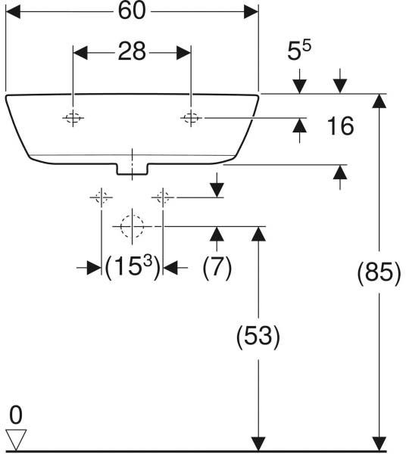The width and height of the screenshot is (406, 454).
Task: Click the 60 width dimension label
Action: click(132, 11)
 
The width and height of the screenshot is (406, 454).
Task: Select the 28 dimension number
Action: click(132, 51)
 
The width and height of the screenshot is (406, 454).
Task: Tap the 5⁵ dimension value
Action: click(299, 50)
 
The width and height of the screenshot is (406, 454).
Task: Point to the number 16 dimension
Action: click(340, 126)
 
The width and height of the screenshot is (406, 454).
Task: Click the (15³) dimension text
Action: click(132, 266)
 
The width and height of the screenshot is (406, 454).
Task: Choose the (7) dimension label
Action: click(217, 267)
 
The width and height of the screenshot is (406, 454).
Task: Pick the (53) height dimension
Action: click(258, 336)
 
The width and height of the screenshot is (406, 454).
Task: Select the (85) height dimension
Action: click(379, 272)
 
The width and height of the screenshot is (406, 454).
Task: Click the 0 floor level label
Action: click(16, 415)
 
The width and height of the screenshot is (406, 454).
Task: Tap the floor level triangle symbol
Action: click(16, 440)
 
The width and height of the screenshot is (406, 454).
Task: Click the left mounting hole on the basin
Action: click(73, 118)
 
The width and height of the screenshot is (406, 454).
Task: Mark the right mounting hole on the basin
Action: click(191, 118)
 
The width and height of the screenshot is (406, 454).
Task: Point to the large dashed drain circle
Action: click(132, 226)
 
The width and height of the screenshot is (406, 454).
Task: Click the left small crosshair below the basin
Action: click(101, 197)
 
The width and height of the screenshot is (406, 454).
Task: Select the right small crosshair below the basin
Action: click(163, 197)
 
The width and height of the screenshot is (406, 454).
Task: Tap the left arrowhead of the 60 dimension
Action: click(13, 11)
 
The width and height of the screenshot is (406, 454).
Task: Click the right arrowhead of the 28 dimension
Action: click(184, 53)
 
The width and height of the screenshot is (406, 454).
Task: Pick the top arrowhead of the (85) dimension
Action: click(379, 101)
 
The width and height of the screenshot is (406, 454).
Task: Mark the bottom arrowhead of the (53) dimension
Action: click(258, 443)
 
